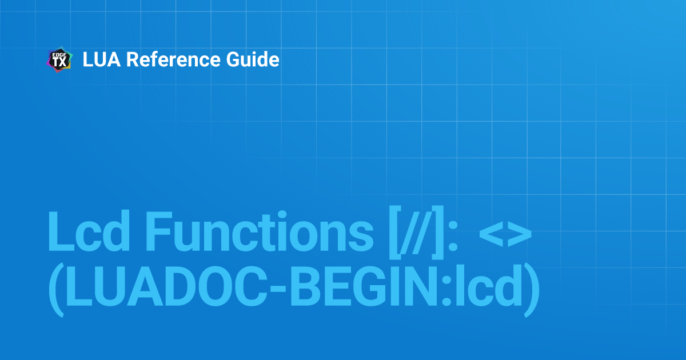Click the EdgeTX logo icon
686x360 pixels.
pyautogui.click(x=59, y=59)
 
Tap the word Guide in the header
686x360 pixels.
pyautogui.click(x=253, y=59)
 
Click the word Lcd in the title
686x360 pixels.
pyautogui.click(x=89, y=231)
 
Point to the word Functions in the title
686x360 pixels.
pyautogui.click(x=260, y=231)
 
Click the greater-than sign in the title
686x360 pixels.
pyautogui.click(x=520, y=235)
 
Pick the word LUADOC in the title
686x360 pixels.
pyautogui.click(x=165, y=286)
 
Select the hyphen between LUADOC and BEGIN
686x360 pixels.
pyautogui.click(x=278, y=289)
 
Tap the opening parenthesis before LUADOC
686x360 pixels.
pyautogui.click(x=56, y=290)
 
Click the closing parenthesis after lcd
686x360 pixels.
pyautogui.click(x=532, y=290)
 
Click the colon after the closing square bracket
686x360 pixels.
pyautogui.click(x=453, y=237)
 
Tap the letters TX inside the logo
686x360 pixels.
pyautogui.click(x=59, y=62)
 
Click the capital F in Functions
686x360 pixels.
pyautogui.click(x=158, y=231)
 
